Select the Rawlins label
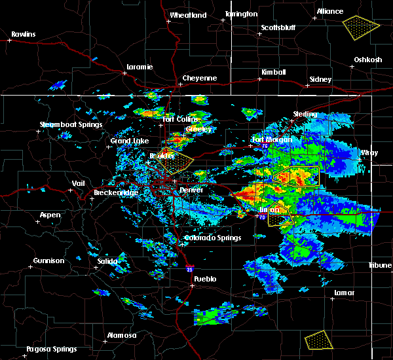pos(23,34)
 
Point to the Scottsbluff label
pos(279,27)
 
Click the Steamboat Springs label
pos(71,124)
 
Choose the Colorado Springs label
pos(209,238)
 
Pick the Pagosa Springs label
pos(52,349)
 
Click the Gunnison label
pos(49,261)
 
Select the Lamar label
pos(344,292)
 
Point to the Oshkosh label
pos(368,60)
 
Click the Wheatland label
pos(188,15)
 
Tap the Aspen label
pos(50,215)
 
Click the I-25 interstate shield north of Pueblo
pos(189,268)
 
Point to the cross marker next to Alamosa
pos(106,341)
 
